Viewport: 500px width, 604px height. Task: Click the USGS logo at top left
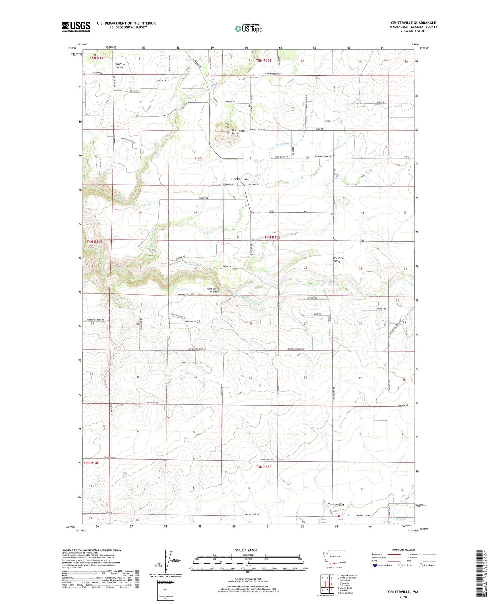point(76,27)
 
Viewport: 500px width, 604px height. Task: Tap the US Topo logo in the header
point(248,29)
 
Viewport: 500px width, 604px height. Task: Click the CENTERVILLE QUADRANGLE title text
point(413,23)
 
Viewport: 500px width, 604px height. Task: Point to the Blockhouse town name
point(239,179)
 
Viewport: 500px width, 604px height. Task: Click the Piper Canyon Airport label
point(214,290)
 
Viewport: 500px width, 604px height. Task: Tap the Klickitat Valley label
point(338,260)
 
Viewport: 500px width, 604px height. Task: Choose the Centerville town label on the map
point(336,504)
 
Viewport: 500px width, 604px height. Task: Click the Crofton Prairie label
point(120,66)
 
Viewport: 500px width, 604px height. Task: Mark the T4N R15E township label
point(272,237)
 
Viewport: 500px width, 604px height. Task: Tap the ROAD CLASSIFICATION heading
point(403,550)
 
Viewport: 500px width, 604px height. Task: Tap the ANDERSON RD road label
point(152,403)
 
